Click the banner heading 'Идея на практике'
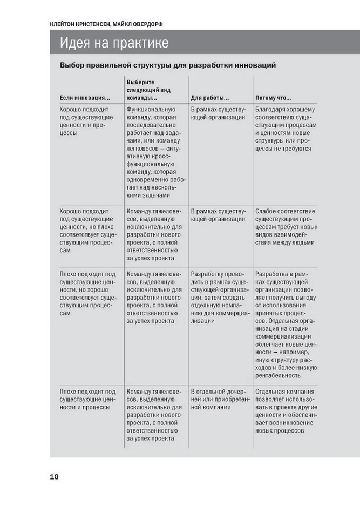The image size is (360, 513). (x=114, y=43)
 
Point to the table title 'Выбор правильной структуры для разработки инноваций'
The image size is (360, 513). (x=168, y=65)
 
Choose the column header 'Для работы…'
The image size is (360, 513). (x=210, y=98)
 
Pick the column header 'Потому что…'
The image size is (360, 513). (x=273, y=98)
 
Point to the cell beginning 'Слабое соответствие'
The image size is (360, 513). (x=285, y=226)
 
